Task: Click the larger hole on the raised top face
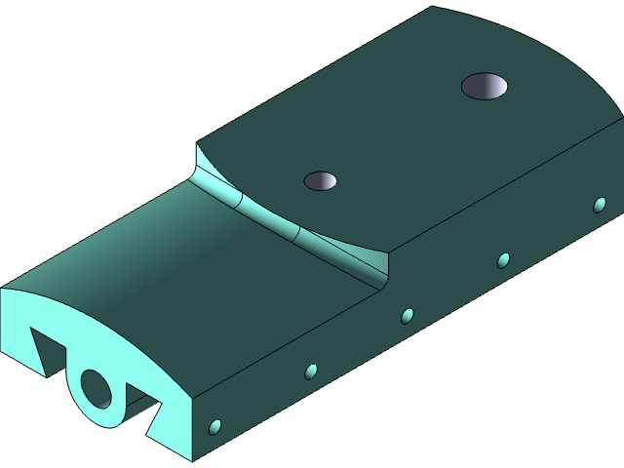point(485,87)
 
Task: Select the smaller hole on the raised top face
point(320,180)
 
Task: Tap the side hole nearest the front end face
point(215,427)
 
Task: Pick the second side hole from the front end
point(311,370)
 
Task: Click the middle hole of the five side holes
point(408,315)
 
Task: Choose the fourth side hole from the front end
point(503,260)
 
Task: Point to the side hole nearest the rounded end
point(600,205)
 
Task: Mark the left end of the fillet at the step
point(199,156)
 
